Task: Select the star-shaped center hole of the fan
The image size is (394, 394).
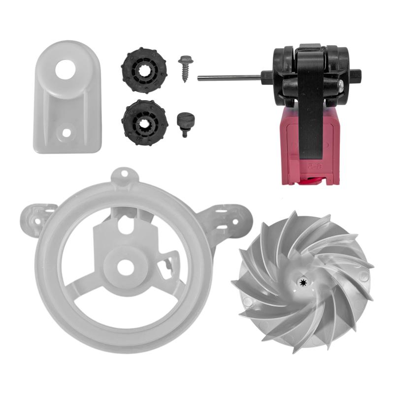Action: click(x=301, y=282)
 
